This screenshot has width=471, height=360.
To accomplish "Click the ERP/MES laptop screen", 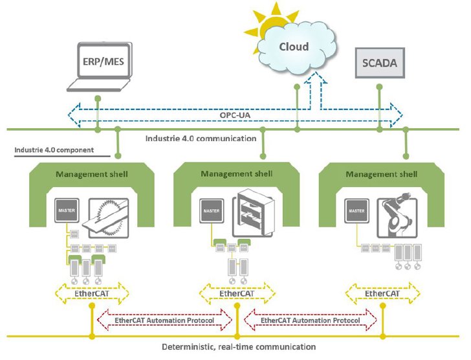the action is [x=104, y=61].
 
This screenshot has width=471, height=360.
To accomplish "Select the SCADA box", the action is [x=380, y=63].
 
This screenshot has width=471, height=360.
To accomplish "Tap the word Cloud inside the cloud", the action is [x=294, y=47].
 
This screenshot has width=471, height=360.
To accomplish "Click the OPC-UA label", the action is [x=235, y=115].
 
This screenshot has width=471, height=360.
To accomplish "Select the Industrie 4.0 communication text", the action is [x=201, y=139].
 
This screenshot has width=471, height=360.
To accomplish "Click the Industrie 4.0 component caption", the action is [x=54, y=150].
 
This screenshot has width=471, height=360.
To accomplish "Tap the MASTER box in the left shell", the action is [x=67, y=210].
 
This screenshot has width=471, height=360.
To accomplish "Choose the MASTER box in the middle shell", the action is [x=212, y=211].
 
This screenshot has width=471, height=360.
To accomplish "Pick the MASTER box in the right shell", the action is [x=356, y=211].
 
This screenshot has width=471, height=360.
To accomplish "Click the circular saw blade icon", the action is [x=109, y=218].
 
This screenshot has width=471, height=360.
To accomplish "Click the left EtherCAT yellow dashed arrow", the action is [x=92, y=293].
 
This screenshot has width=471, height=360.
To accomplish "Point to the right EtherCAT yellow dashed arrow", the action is [x=382, y=293].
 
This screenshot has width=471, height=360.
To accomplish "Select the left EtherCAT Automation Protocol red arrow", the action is [x=164, y=320].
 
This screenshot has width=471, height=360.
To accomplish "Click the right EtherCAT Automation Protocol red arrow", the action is [x=310, y=320].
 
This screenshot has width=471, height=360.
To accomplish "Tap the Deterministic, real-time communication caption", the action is [x=239, y=347].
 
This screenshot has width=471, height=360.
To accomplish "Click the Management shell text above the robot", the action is [x=382, y=174].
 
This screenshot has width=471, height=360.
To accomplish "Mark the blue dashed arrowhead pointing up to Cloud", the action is [x=316, y=78].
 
